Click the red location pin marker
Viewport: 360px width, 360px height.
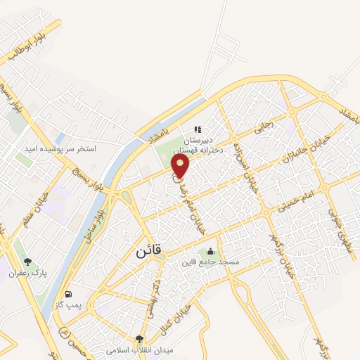[181, 166]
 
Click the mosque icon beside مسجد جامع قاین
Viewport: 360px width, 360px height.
[210, 252]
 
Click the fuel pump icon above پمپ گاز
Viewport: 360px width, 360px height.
[67, 294]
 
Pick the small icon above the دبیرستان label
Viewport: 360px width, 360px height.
[198, 129]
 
